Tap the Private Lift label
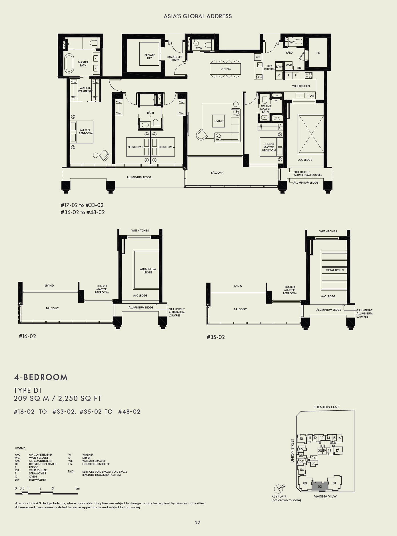pos(149,57)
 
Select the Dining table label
pos(226,69)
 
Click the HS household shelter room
pos(318,53)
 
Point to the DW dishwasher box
pos(312,96)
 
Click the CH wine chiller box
pos(258,57)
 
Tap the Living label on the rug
pos(219,121)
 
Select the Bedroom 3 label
pos(135,147)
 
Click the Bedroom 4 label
pos(167,147)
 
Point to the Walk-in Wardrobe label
pos(85,90)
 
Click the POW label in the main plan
pos(199,48)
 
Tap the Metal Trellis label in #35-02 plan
pos(335,270)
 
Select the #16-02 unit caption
pos(27,336)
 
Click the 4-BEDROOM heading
pos(41,377)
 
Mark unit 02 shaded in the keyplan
pos(320,486)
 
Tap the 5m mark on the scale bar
pos(77,488)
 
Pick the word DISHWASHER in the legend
pos(37,480)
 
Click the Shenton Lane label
pos(326,407)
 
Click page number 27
pos(198,522)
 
